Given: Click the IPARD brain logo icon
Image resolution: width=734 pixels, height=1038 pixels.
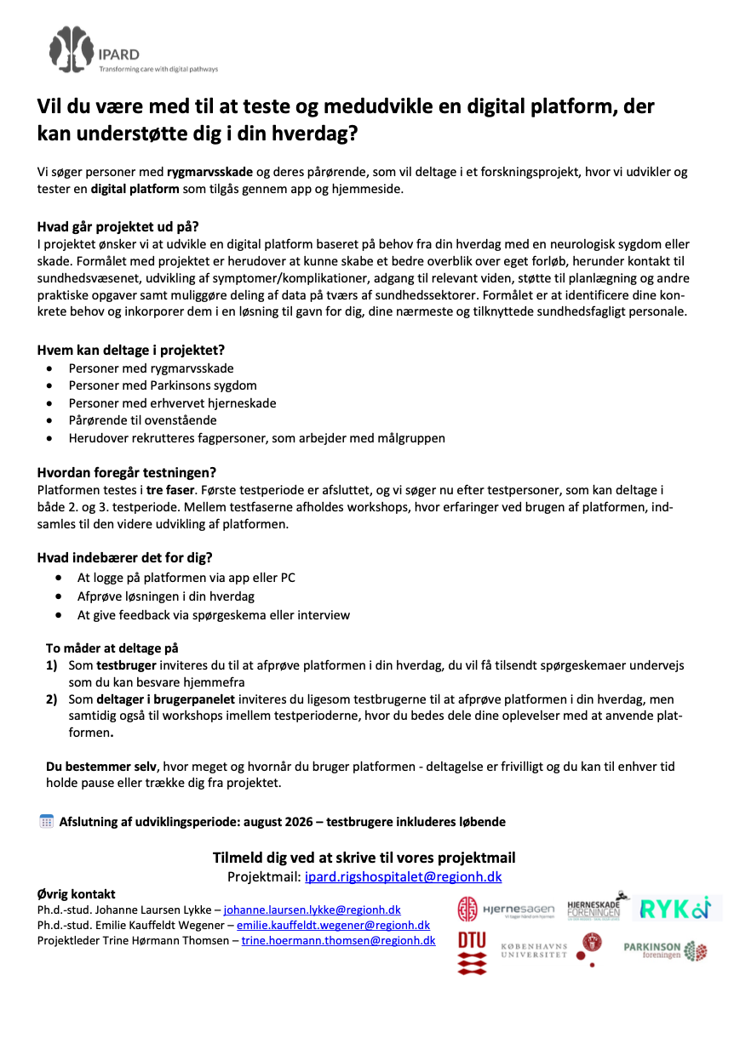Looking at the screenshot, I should (x=71, y=48).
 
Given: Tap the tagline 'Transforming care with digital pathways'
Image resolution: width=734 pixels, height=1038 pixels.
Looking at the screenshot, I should (x=158, y=69).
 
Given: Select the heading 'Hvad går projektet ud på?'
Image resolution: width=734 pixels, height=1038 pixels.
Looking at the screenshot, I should (x=118, y=226).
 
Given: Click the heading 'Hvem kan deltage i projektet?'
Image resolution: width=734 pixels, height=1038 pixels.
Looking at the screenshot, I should (x=131, y=350).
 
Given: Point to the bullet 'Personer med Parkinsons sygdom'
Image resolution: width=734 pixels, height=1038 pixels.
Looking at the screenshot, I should (x=163, y=385).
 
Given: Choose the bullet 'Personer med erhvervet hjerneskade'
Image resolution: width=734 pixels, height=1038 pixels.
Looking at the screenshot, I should (x=172, y=403).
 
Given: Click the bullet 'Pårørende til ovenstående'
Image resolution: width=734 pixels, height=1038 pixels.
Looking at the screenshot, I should (x=142, y=420).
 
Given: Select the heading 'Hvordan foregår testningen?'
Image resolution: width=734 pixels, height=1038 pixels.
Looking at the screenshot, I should (x=126, y=472).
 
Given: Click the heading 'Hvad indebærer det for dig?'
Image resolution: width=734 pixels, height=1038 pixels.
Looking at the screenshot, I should (x=124, y=558).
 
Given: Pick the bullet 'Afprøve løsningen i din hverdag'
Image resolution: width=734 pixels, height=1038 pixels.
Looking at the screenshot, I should (x=166, y=596).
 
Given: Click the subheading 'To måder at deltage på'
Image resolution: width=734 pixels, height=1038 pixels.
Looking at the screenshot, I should (x=112, y=647).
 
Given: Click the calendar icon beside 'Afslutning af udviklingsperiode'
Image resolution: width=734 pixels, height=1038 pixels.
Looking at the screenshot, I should (x=47, y=821).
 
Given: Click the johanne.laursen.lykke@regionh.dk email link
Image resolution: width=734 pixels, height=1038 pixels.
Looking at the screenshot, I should (x=312, y=910).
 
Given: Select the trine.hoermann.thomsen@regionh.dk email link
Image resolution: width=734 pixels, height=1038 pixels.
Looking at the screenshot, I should (x=338, y=940).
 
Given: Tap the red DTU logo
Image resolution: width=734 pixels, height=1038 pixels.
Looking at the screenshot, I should (x=473, y=951).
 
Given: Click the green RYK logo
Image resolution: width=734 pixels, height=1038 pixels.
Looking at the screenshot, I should (x=674, y=909).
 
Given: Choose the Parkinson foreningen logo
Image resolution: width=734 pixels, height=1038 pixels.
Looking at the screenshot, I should (x=665, y=950).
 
